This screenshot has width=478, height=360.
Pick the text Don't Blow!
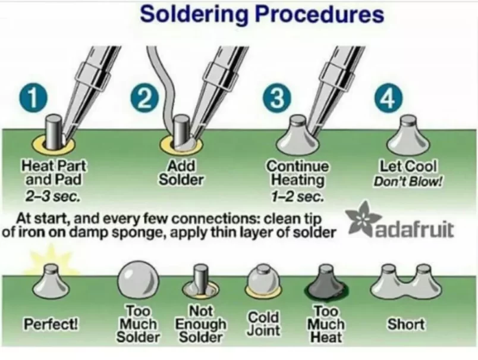point(408,181)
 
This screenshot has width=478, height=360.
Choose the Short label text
point(406,324)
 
